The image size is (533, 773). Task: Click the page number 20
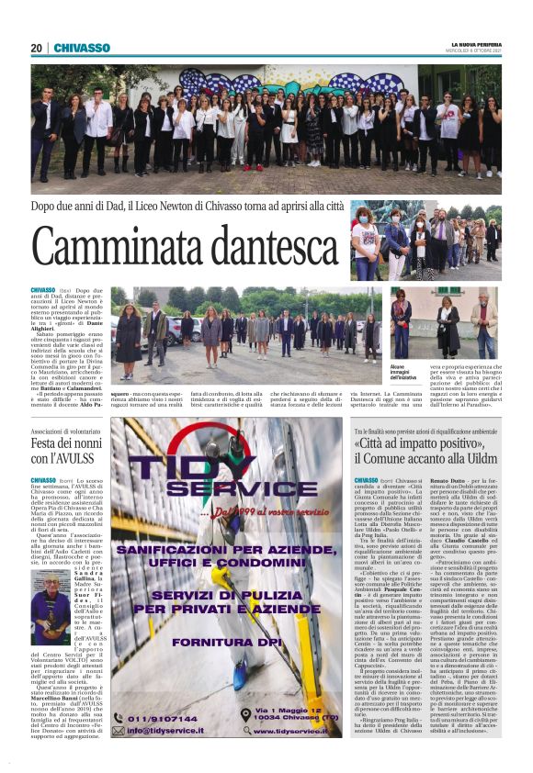pyautogui.click(x=37, y=48)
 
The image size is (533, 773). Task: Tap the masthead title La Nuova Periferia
pyautogui.click(x=476, y=45)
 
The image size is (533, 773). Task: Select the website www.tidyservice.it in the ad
pyautogui.click(x=294, y=732)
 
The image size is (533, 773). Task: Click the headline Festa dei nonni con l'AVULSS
pyautogui.click(x=64, y=450)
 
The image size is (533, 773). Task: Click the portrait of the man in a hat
pyautogui.click(x=50, y=595)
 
